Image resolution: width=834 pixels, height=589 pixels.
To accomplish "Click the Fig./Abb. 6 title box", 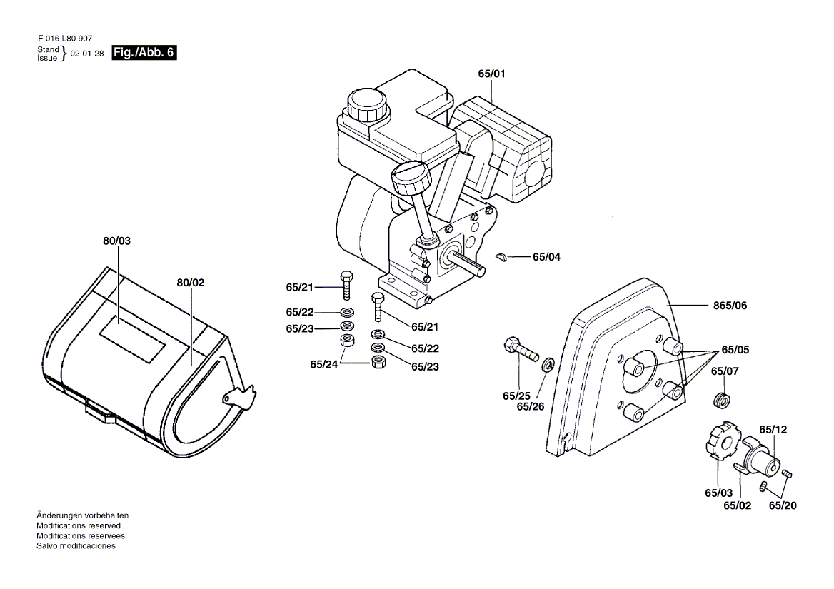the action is (144, 53).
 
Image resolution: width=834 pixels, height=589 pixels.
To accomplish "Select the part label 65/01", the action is (491, 74).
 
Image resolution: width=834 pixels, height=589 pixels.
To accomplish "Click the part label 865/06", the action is (730, 306).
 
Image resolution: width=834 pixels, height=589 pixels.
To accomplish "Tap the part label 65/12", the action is (773, 430).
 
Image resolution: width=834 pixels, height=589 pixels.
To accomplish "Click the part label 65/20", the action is (783, 505).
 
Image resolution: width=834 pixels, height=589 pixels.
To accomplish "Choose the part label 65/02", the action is (737, 505).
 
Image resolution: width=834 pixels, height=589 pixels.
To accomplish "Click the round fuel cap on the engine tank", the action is (367, 104).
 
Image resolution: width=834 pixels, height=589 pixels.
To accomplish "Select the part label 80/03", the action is (116, 241).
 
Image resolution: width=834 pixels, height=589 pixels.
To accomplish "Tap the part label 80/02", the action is (191, 283).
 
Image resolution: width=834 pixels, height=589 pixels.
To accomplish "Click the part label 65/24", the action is (324, 365).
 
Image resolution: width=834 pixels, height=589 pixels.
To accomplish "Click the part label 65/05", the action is (735, 350).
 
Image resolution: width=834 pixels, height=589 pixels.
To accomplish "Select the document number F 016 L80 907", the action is (65, 39).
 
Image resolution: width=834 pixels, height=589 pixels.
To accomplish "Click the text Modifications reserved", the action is (79, 525).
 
